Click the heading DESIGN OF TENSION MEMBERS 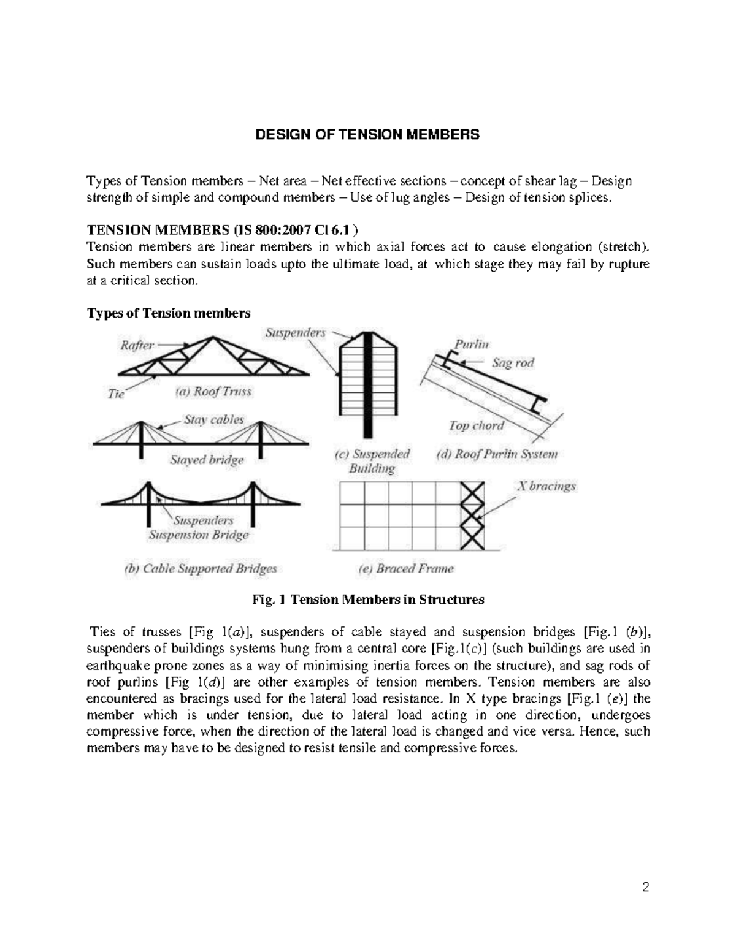tap(367, 135)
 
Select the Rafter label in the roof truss tap(136, 346)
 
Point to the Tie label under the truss tap(116, 395)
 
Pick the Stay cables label tap(213, 420)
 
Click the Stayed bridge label tap(206, 460)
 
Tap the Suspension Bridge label tap(199, 535)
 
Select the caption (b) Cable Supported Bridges tap(201, 569)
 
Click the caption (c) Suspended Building tap(372, 462)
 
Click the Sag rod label tap(513, 363)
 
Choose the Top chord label tap(477, 425)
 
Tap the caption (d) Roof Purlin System tap(497, 455)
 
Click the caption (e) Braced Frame tap(406, 569)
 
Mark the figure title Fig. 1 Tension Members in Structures tap(368, 600)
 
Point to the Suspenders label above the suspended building tap(295, 333)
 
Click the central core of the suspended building tap(368, 380)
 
